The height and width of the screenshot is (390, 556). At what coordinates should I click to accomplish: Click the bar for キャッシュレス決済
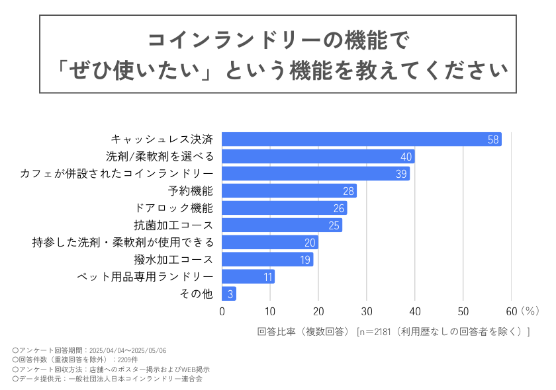click(361, 139)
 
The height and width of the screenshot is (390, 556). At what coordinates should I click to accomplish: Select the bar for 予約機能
click(289, 191)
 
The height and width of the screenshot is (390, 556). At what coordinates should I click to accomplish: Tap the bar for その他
click(229, 294)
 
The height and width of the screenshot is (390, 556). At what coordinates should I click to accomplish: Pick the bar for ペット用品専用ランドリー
click(248, 277)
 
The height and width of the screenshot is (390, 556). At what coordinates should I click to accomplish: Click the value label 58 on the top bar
click(492, 139)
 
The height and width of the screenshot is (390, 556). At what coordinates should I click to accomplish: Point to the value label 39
click(400, 174)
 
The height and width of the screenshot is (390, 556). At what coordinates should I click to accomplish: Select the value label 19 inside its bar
click(304, 260)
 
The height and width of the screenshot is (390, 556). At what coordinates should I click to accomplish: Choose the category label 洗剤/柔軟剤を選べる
click(160, 157)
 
